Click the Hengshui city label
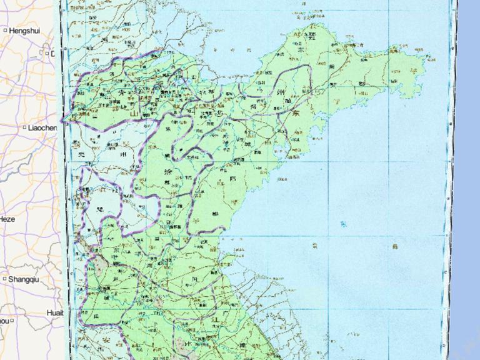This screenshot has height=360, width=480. [24, 30]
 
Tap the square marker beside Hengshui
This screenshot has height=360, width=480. [5, 30]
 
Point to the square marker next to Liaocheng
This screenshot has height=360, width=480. [24, 127]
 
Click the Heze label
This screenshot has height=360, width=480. [7, 219]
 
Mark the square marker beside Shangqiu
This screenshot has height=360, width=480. [5, 279]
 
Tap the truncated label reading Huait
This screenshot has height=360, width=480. [55, 312]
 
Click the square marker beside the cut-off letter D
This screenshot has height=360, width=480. [46, 54]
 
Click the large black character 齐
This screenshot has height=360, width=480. [121, 92]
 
